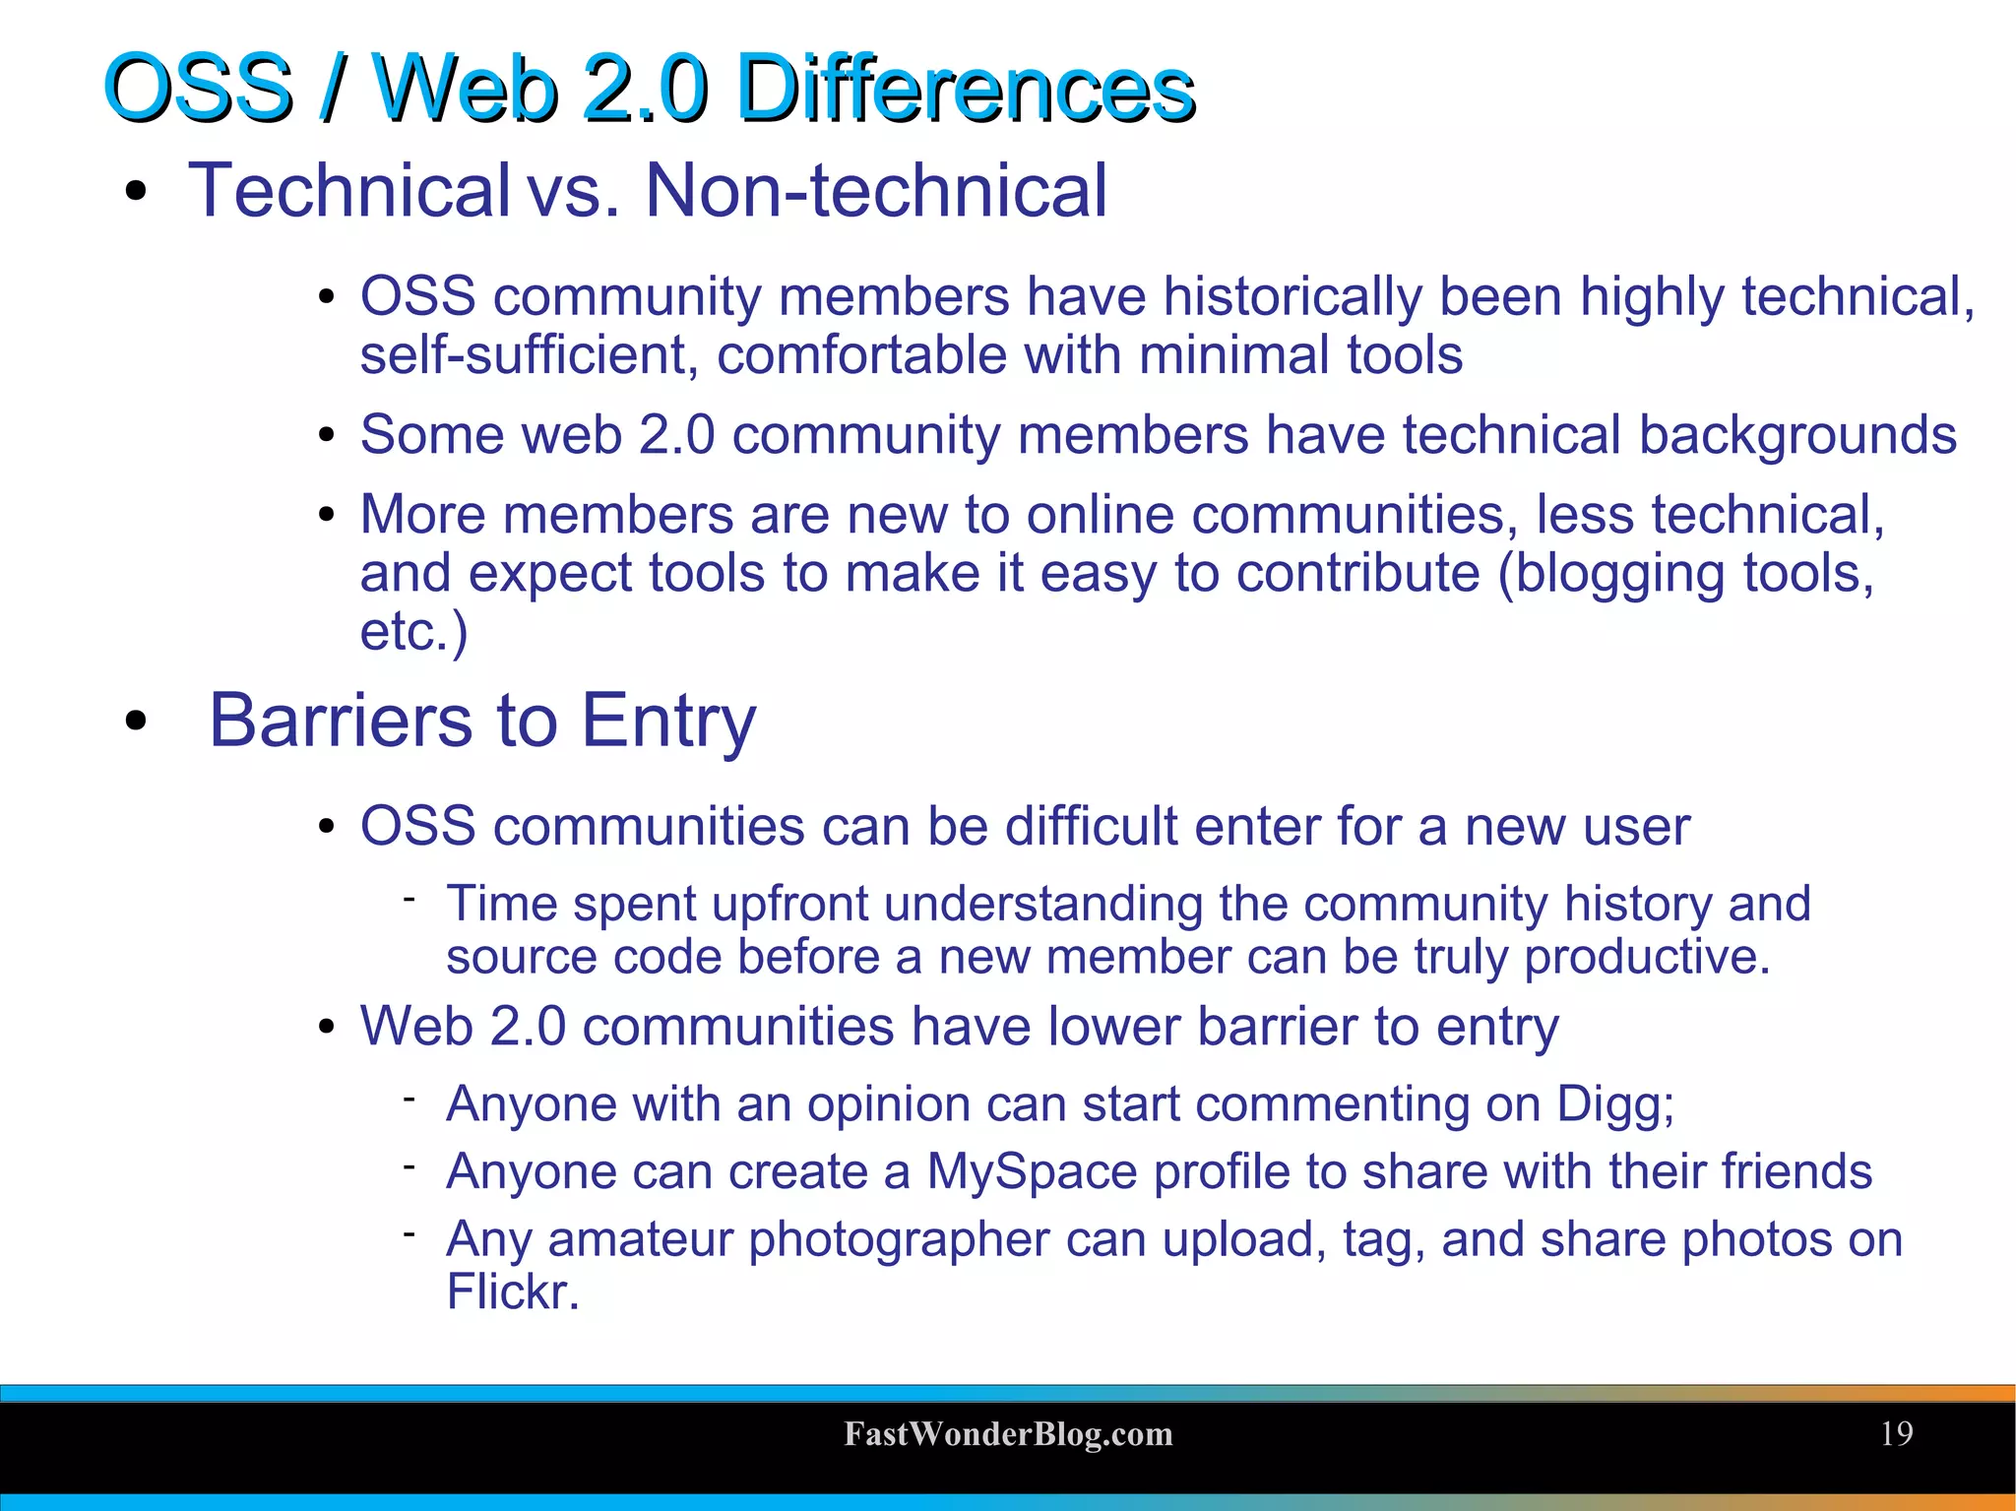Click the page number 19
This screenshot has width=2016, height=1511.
coord(1896,1433)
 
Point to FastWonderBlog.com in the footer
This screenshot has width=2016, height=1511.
coord(1008,1434)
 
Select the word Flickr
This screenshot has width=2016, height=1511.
coord(512,1291)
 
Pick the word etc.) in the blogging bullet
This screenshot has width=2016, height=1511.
coord(413,631)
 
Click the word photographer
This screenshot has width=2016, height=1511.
coord(899,1239)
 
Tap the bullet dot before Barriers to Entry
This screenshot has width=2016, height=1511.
coord(136,722)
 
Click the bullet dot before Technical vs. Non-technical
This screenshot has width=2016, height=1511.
coord(136,192)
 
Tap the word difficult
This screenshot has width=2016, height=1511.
coord(1092,826)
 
